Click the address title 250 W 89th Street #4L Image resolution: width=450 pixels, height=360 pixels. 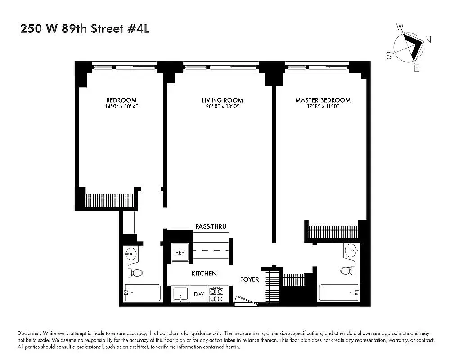[85, 29]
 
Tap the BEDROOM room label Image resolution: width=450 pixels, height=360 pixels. [121, 100]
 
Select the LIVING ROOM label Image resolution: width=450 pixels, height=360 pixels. [222, 100]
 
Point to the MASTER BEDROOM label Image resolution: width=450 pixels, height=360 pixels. [323, 100]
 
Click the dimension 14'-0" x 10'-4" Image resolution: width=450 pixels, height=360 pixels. [121, 107]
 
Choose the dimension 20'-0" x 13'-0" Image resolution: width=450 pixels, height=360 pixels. [222, 107]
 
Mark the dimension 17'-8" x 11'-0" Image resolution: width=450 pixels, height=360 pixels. [323, 107]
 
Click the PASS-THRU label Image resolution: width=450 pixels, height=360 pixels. [211, 226]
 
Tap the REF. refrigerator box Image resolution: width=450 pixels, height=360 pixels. [180, 252]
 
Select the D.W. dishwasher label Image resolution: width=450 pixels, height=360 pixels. [199, 294]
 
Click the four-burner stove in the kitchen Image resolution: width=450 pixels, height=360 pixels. [216, 295]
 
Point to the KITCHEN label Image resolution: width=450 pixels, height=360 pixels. [204, 274]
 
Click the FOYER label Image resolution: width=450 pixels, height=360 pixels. [249, 279]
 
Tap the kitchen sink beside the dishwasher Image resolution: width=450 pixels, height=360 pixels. [180, 294]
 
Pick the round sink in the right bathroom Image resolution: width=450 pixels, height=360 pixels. [351, 249]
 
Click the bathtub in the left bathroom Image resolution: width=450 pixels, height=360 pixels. [142, 293]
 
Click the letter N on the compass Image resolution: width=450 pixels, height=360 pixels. [428, 40]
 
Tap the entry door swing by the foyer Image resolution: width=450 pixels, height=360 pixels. [246, 300]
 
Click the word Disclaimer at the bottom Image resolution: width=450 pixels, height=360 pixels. [30, 333]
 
